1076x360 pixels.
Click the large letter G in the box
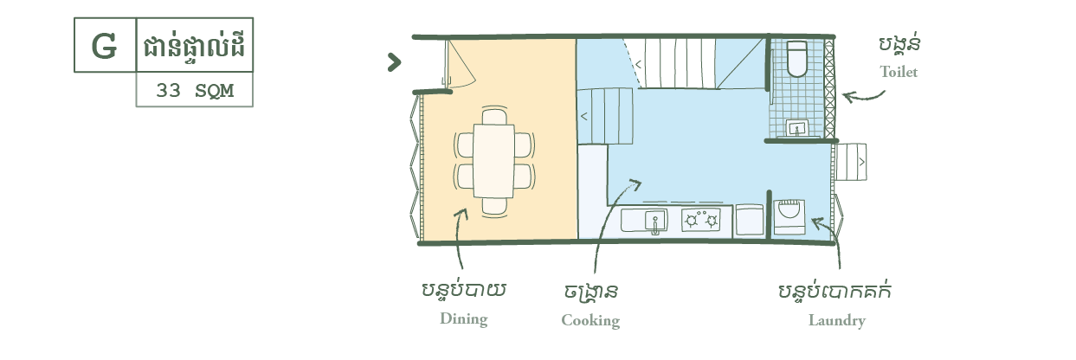click(x=104, y=46)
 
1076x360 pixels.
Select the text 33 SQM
click(x=195, y=89)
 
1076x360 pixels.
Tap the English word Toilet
click(x=898, y=72)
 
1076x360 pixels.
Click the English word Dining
click(x=463, y=318)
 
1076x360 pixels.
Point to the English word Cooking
click(x=590, y=320)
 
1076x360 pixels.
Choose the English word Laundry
click(x=836, y=320)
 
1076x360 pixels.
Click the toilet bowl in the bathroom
click(x=797, y=58)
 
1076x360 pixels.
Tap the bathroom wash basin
click(x=796, y=128)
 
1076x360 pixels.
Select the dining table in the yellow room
click(x=494, y=162)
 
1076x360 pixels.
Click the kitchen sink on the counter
click(x=643, y=220)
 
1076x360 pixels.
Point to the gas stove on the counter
click(x=701, y=220)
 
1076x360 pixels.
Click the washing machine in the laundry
click(x=789, y=216)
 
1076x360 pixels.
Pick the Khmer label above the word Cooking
click(x=590, y=291)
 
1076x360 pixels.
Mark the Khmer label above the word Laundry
click(x=834, y=291)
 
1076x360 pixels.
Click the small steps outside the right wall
click(x=851, y=162)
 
